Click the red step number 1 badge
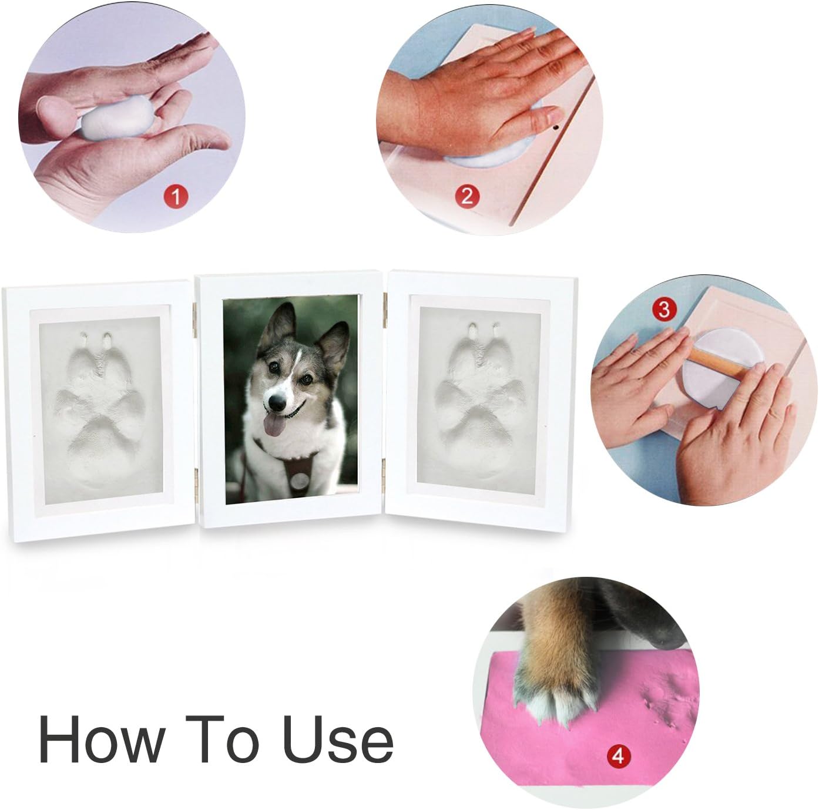(x=176, y=196)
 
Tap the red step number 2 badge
(x=468, y=196)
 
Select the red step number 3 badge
(x=664, y=310)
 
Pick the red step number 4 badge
(x=619, y=757)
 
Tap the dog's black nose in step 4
(x=662, y=636)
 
